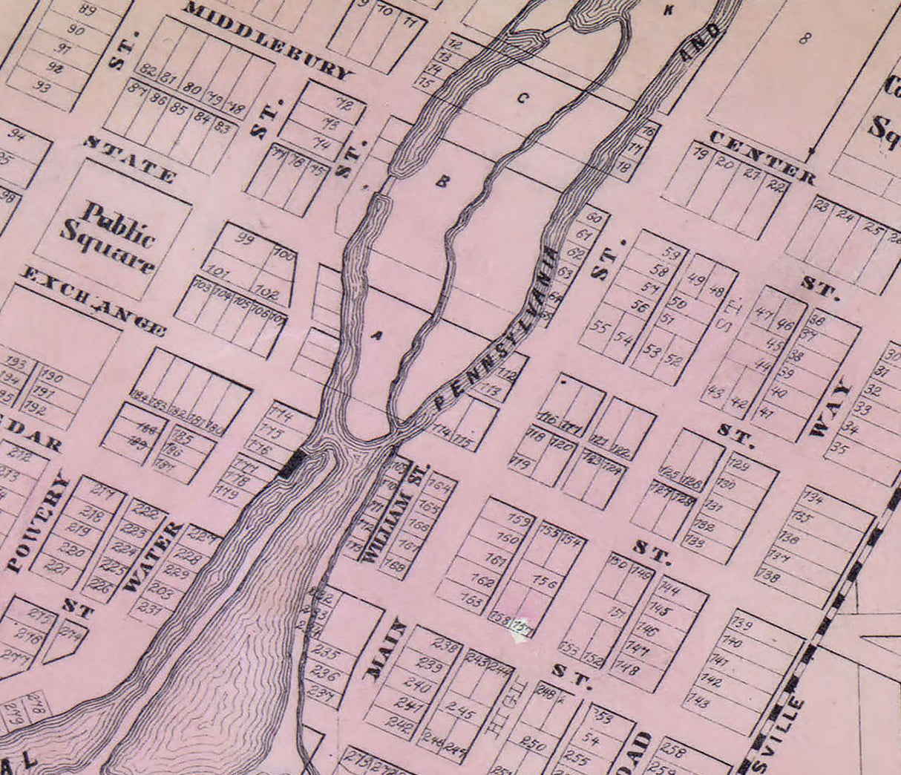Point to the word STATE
pyautogui.click(x=129, y=159)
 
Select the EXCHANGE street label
pyautogui.click(x=92, y=299)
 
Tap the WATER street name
pyautogui.click(x=153, y=557)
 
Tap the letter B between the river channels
pyautogui.click(x=442, y=180)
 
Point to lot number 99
pyautogui.click(x=244, y=239)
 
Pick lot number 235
pyautogui.click(x=328, y=654)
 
